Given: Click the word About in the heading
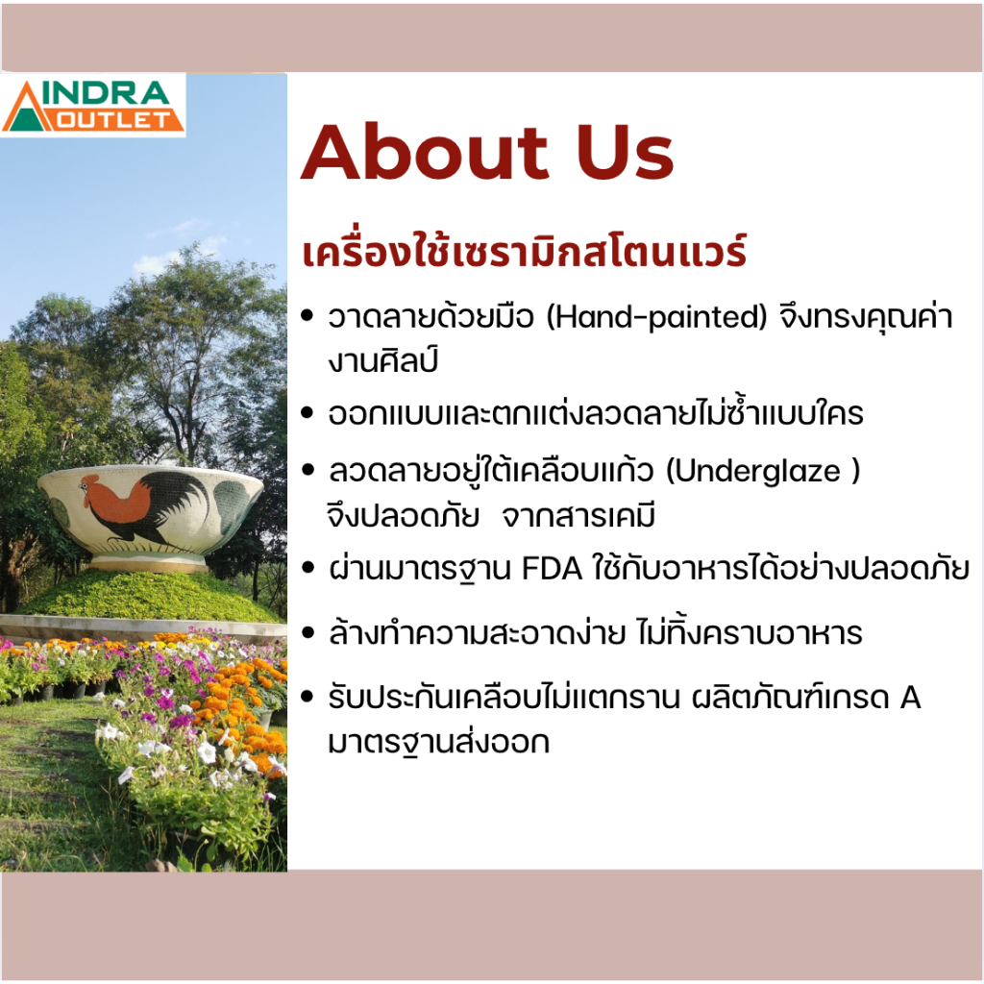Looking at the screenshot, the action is [x=425, y=153].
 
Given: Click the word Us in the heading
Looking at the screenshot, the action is [x=625, y=153].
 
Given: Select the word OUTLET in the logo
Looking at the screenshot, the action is [x=113, y=119].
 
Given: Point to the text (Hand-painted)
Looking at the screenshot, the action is [x=656, y=317].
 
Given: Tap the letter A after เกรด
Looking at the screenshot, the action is [x=910, y=698].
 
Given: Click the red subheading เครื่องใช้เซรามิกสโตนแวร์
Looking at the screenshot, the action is [x=525, y=251].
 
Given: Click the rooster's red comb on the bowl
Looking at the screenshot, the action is [x=90, y=480].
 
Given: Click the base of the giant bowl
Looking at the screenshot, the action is [x=149, y=561].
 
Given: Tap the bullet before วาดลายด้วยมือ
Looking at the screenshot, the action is [x=307, y=315].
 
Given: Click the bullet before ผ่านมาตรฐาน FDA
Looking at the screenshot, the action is [x=307, y=568].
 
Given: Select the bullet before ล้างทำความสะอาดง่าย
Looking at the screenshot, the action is [x=307, y=632].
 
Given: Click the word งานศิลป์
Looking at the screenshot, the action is [x=382, y=361].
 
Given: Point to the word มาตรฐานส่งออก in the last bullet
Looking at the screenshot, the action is [x=438, y=743].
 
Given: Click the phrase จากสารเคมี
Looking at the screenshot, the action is [x=579, y=516].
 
